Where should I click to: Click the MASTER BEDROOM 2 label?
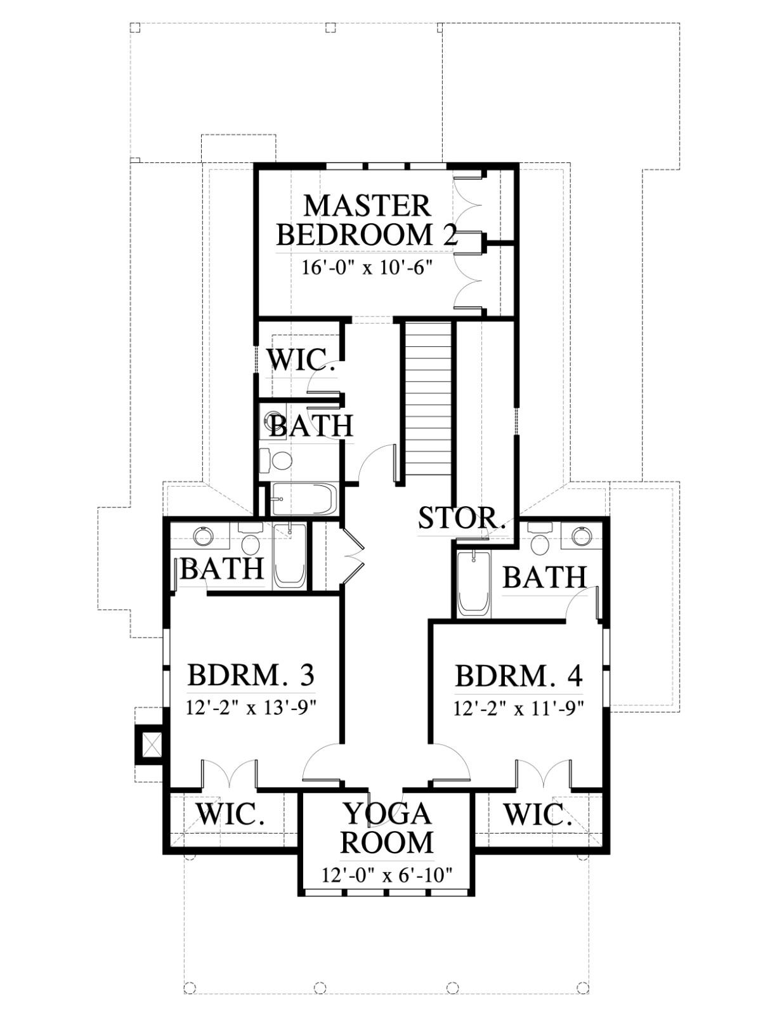pyautogui.click(x=367, y=221)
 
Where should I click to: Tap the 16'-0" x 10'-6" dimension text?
pyautogui.click(x=365, y=268)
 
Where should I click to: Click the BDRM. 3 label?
pyautogui.click(x=251, y=675)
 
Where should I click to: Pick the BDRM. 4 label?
pyautogui.click(x=519, y=676)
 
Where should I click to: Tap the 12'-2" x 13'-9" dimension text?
pyautogui.click(x=252, y=708)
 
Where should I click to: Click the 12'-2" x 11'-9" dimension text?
pyautogui.click(x=519, y=709)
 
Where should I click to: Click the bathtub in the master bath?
pyautogui.click(x=304, y=499)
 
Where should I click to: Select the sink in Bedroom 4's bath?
pyautogui.click(x=582, y=536)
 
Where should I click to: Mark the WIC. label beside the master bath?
pyautogui.click(x=301, y=360)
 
